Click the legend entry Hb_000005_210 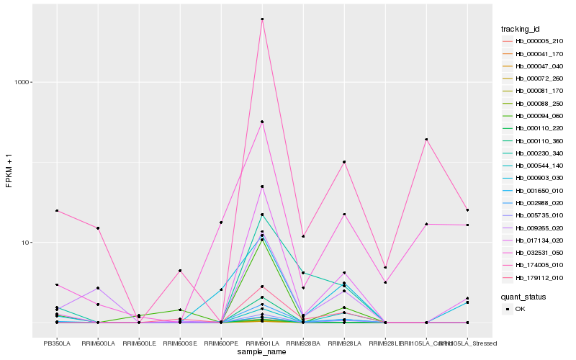(534, 41)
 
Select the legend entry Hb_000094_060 (534, 116)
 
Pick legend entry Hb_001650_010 (534, 191)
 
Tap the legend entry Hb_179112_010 (534, 278)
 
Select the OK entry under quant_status (521, 308)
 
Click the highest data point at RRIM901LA (262, 19)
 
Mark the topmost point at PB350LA (57, 211)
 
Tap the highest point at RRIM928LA (344, 162)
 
